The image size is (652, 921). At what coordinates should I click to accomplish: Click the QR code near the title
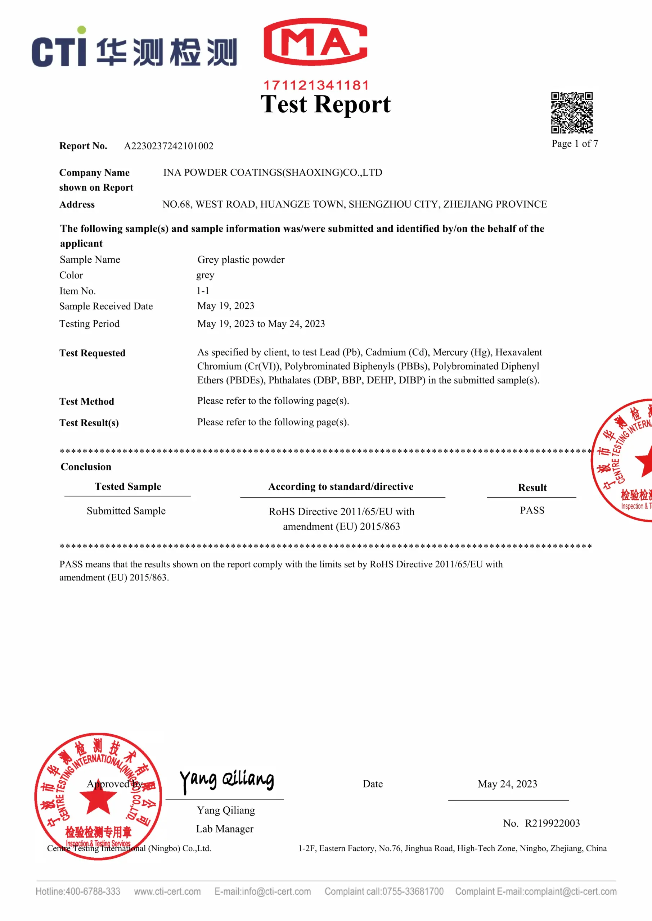point(572,113)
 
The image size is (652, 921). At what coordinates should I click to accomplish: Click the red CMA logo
point(316,42)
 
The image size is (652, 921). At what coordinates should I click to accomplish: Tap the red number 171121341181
point(316,85)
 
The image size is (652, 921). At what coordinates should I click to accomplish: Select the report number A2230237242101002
point(168,146)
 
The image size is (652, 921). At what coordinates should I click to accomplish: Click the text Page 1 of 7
point(575,144)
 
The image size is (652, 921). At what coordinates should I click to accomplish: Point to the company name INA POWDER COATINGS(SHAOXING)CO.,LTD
point(273,172)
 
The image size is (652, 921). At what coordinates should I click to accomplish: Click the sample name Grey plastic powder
point(241,259)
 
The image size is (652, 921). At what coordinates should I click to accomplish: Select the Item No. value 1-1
point(203,291)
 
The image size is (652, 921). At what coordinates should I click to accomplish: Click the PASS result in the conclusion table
point(532,510)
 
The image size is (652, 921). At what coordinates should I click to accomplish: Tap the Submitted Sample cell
point(126,511)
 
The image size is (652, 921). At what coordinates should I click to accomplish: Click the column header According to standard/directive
point(341,486)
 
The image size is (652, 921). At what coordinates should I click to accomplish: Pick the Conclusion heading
point(86,467)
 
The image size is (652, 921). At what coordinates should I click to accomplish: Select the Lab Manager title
point(225,829)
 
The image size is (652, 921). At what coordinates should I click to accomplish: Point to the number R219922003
point(552,823)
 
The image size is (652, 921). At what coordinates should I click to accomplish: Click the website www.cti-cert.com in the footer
point(167,891)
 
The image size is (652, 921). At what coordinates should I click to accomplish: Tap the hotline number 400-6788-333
point(93,891)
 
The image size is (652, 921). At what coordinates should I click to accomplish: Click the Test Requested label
point(92,353)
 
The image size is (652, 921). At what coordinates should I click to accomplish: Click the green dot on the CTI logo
point(81,30)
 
